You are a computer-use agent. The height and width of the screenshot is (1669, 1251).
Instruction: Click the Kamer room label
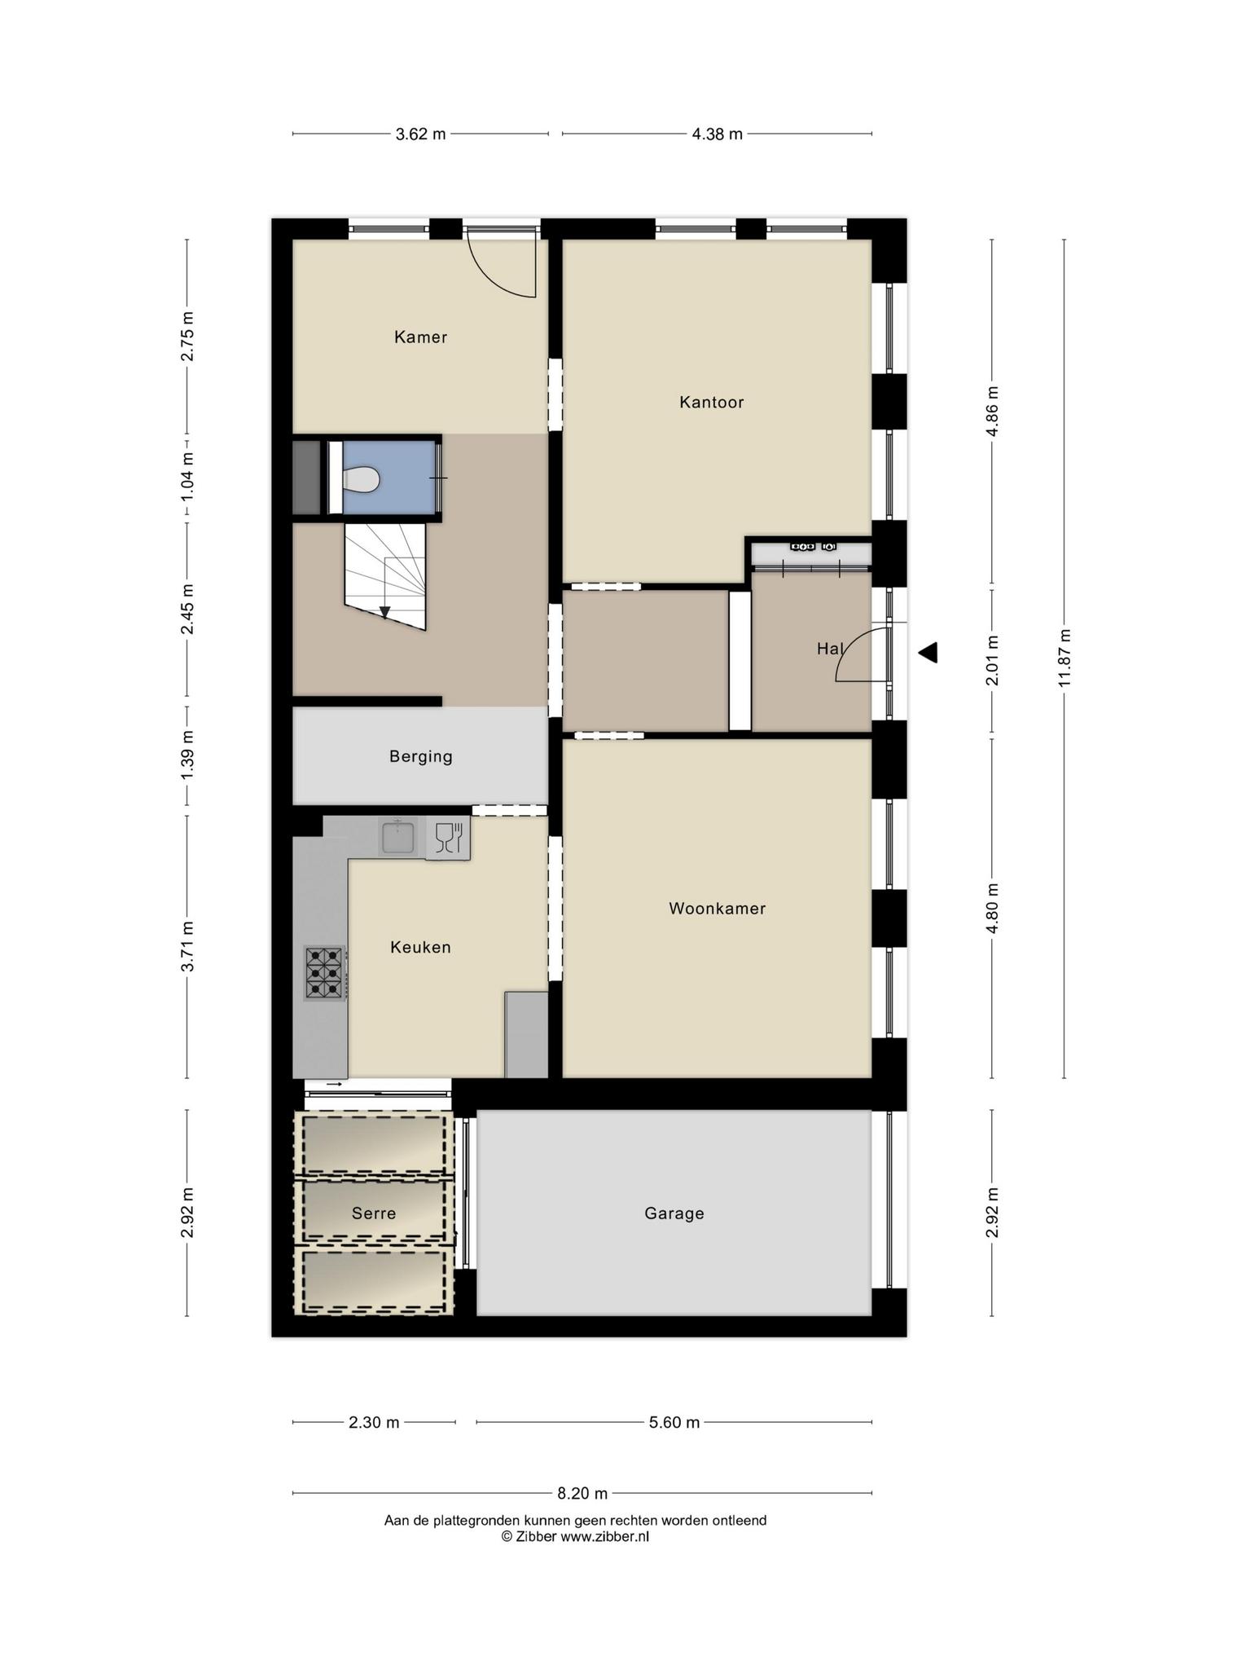(x=420, y=337)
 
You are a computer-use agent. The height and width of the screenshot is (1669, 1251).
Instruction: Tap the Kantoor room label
(x=711, y=402)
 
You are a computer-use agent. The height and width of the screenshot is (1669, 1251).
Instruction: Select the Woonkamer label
(x=717, y=908)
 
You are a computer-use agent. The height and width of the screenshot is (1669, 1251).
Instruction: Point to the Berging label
(x=420, y=756)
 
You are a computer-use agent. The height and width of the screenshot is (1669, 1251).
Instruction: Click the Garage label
(x=674, y=1213)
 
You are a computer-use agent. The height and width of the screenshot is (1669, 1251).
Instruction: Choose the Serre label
(x=374, y=1213)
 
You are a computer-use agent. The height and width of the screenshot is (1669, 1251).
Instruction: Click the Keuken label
(x=420, y=947)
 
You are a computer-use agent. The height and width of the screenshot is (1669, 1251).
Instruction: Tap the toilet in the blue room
(x=361, y=479)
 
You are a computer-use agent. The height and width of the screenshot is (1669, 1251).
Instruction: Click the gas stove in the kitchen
(x=324, y=973)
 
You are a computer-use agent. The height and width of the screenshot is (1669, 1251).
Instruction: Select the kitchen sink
(x=397, y=837)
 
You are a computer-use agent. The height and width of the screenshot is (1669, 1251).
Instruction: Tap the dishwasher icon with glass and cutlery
(x=448, y=838)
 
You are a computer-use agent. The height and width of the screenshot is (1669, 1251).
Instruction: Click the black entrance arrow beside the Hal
(x=928, y=653)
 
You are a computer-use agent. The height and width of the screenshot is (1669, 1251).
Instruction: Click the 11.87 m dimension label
(x=1064, y=658)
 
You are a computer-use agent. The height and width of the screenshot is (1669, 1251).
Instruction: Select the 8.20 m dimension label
(x=582, y=1494)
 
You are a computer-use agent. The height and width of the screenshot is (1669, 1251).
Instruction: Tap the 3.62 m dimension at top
(x=420, y=134)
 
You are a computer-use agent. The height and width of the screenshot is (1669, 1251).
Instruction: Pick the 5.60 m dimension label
(x=674, y=1423)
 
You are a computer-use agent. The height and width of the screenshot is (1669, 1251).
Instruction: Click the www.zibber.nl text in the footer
(x=605, y=1537)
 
